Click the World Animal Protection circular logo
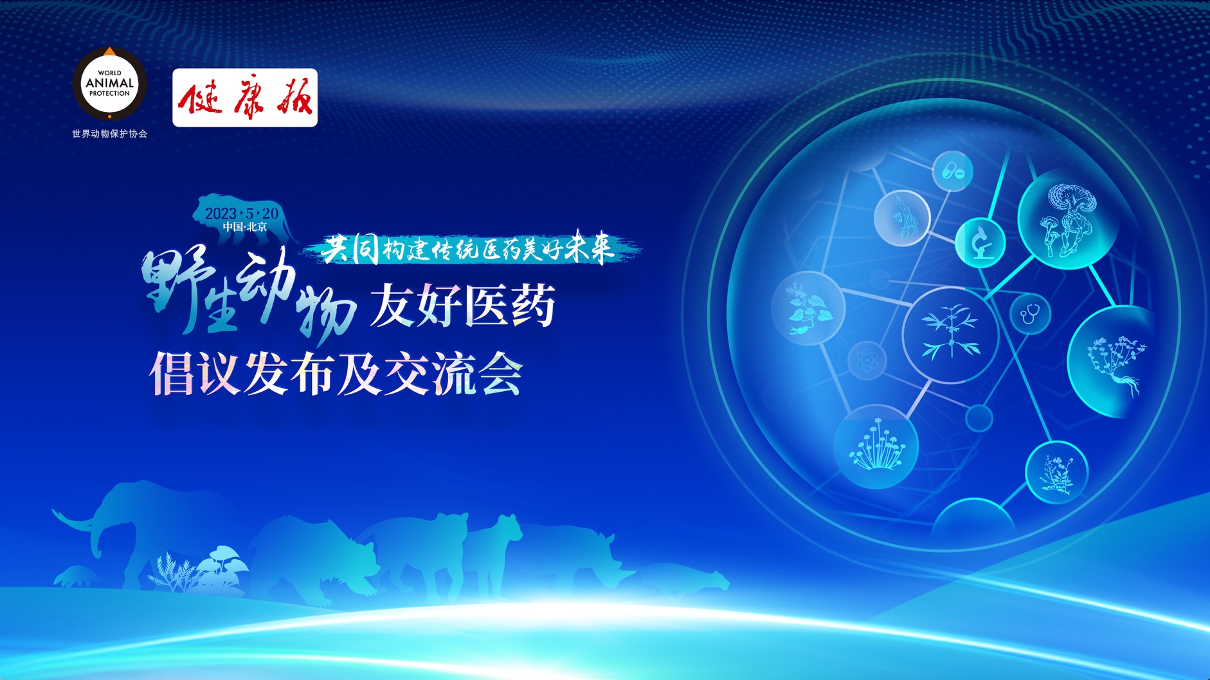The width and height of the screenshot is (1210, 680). pyautogui.click(x=109, y=83)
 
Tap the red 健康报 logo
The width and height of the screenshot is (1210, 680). pyautogui.click(x=245, y=98)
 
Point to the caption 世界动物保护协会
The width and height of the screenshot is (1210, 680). pyautogui.click(x=109, y=134)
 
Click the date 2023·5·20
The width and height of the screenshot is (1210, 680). pyautogui.click(x=242, y=213)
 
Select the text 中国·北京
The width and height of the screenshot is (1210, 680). pyautogui.click(x=245, y=227)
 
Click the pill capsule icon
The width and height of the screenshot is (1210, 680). pyautogui.click(x=952, y=171)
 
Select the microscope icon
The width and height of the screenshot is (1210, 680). pyautogui.click(x=980, y=243)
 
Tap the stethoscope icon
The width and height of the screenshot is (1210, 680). pyautogui.click(x=1030, y=314)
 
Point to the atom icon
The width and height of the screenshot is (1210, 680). pyautogui.click(x=867, y=360)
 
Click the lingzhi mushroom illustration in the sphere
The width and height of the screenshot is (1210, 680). pyautogui.click(x=1067, y=219)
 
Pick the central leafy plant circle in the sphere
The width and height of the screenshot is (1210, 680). pyautogui.click(x=950, y=335)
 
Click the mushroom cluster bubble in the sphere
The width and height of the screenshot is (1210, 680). pyautogui.click(x=876, y=446)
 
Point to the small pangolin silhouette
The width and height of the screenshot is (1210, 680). pyautogui.click(x=75, y=576)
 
